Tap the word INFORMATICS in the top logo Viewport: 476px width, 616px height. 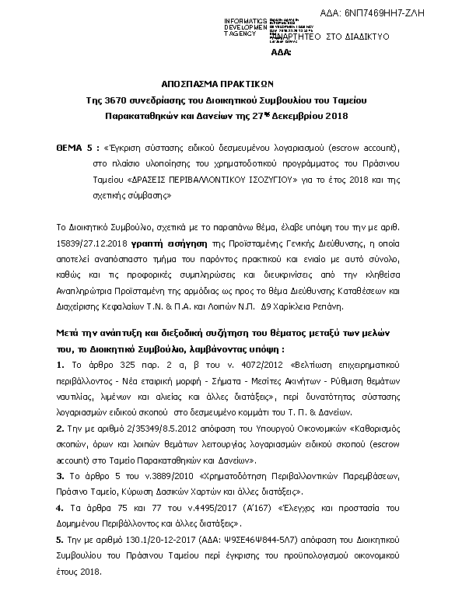[247, 19]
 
